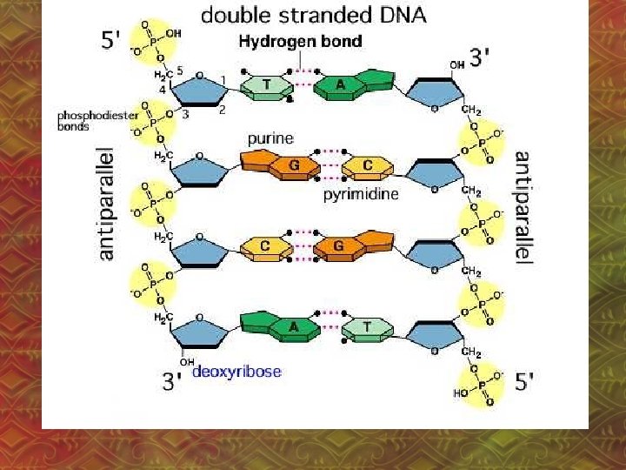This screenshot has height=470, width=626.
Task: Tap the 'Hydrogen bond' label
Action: pos(302,41)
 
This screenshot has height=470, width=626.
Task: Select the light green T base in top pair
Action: pos(264,84)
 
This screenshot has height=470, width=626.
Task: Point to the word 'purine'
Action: pos(270,138)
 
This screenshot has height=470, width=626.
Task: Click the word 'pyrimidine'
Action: pos(361,194)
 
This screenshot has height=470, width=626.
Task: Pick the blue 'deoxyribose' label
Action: pos(236,372)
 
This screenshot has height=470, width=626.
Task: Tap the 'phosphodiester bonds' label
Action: pos(86,119)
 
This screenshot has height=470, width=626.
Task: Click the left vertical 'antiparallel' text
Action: pos(105,204)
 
